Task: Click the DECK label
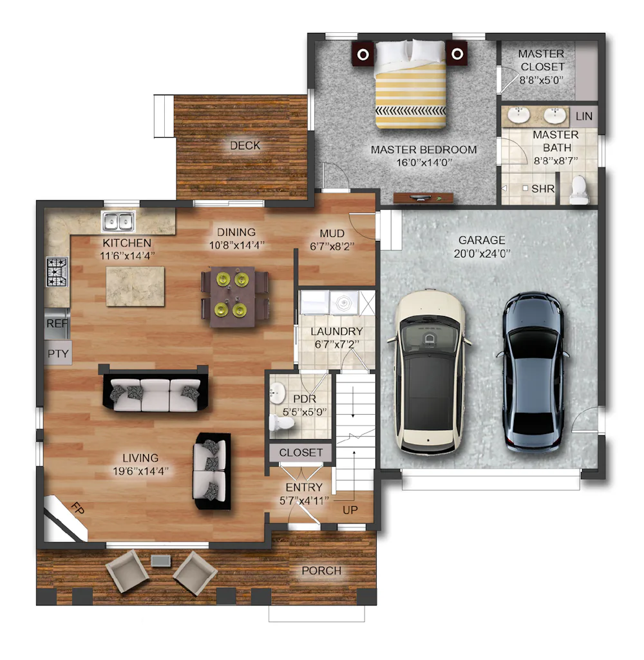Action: point(245,146)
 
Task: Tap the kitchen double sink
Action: point(118,222)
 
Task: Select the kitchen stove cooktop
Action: point(57,272)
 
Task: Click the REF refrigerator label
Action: point(57,323)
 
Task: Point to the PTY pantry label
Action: point(58,354)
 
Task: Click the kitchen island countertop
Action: point(135,287)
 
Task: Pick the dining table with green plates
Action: point(232,296)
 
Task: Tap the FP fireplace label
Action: point(78,509)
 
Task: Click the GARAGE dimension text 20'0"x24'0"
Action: point(482,254)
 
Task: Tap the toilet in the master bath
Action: point(579,190)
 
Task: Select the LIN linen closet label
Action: point(584,116)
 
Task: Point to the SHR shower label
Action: point(542,189)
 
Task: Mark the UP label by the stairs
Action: point(350,510)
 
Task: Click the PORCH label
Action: point(321,570)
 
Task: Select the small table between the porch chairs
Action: point(161,561)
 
